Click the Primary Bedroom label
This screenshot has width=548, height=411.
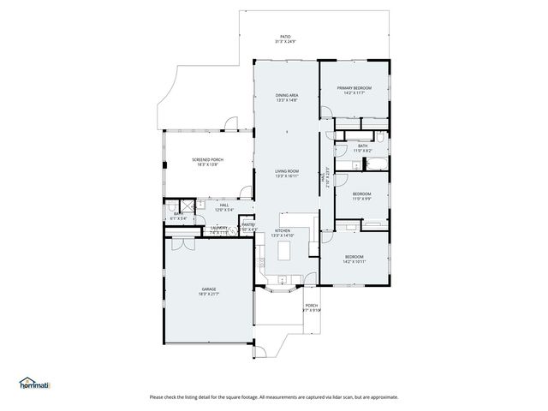(354, 88)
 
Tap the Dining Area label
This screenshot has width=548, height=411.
(286, 95)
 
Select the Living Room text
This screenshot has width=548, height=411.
(286, 171)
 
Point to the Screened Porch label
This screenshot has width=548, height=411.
(207, 160)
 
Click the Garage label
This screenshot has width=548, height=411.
(208, 290)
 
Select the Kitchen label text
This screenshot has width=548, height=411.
(283, 231)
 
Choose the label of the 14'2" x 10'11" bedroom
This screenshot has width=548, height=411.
(354, 257)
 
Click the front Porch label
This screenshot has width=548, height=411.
(312, 306)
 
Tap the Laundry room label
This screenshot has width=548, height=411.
(219, 228)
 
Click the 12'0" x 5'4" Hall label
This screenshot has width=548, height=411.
(223, 205)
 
